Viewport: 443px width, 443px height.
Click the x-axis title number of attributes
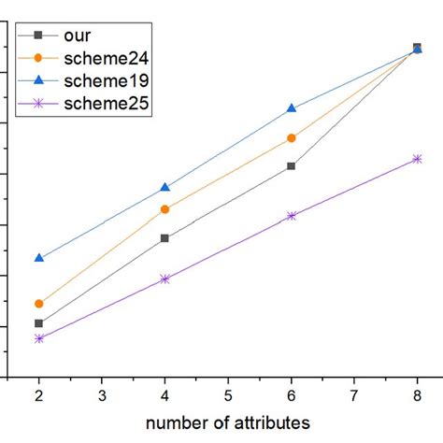pos(228,423)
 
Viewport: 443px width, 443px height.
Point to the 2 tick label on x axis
pos(39,395)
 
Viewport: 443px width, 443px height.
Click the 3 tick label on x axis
pos(102,395)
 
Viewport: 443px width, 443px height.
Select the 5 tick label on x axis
pos(228,395)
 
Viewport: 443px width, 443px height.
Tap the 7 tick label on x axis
pos(354,395)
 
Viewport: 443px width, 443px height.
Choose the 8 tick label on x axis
pos(417,395)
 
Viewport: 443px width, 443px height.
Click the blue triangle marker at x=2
pos(39,257)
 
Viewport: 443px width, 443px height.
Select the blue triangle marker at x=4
pos(165,188)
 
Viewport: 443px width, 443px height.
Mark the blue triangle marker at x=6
pos(292,108)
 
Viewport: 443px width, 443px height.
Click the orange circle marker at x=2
pos(39,304)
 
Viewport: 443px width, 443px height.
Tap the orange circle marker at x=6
pos(292,138)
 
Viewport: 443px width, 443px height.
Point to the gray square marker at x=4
pos(165,238)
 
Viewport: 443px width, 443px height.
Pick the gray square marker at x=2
pos(39,323)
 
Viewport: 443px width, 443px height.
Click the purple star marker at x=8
pos(417,159)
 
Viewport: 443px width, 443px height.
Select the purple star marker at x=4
pos(165,279)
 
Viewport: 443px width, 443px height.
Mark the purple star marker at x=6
pos(292,216)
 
